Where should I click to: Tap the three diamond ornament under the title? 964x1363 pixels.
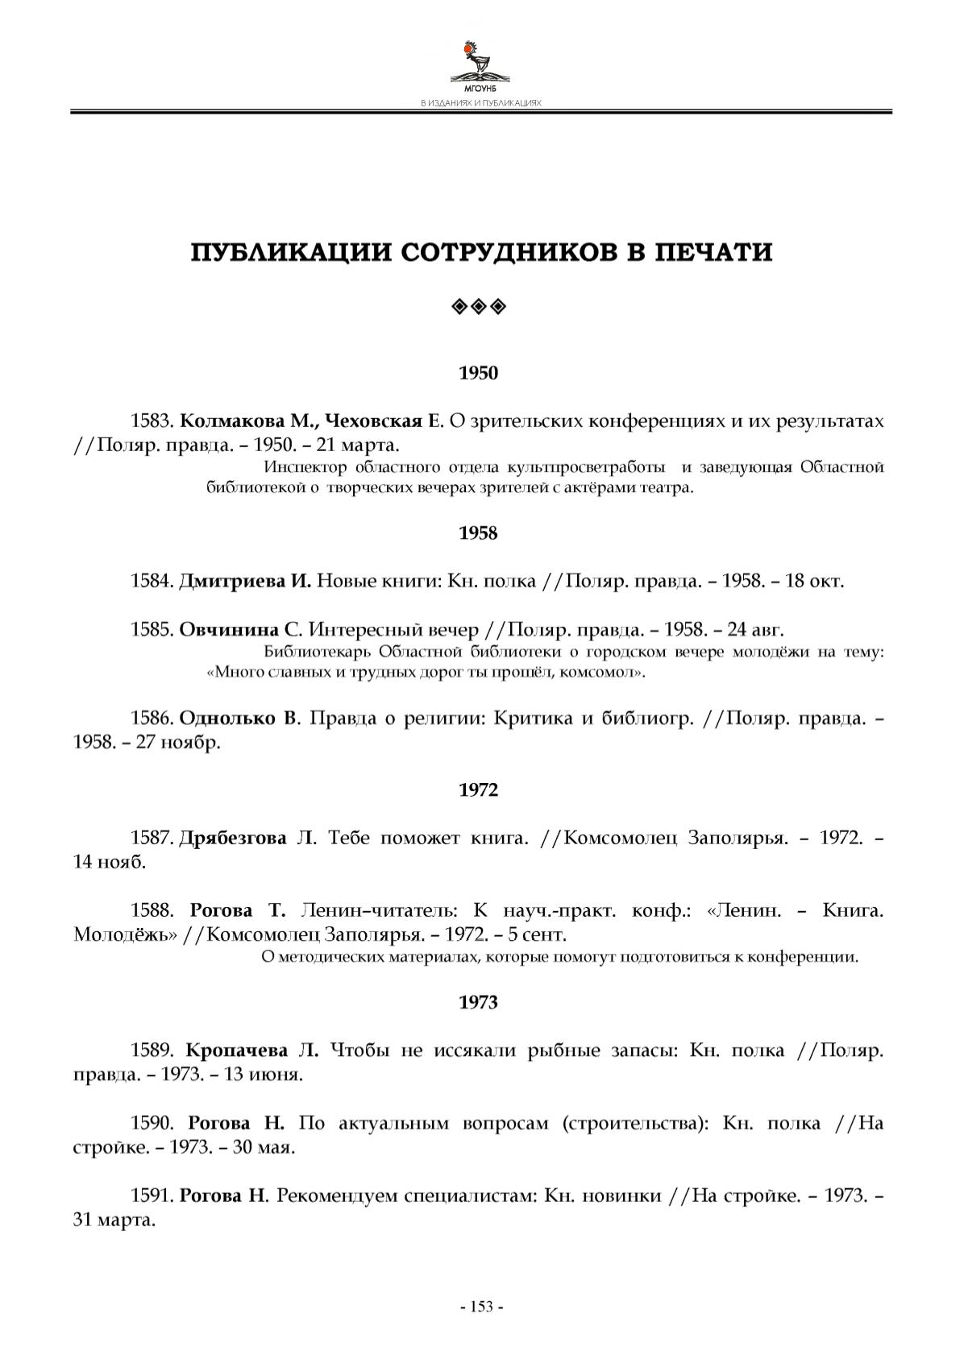pos(479,306)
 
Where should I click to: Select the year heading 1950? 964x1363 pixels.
pos(479,373)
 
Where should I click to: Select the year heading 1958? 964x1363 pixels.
pos(479,533)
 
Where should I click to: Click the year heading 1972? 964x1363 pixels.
pos(479,790)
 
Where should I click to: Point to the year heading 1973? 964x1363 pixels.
pos(479,1002)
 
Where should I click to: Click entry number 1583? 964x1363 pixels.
pos(152,421)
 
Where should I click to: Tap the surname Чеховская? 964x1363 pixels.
pos(372,421)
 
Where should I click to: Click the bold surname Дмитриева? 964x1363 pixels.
pos(232,581)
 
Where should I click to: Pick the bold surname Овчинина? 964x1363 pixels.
pos(229,629)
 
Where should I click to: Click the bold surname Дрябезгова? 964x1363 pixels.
pos(232,838)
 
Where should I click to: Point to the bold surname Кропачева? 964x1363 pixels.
pos(236,1050)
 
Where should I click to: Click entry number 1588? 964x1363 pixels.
pos(152,910)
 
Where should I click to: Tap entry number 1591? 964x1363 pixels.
pos(152,1195)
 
